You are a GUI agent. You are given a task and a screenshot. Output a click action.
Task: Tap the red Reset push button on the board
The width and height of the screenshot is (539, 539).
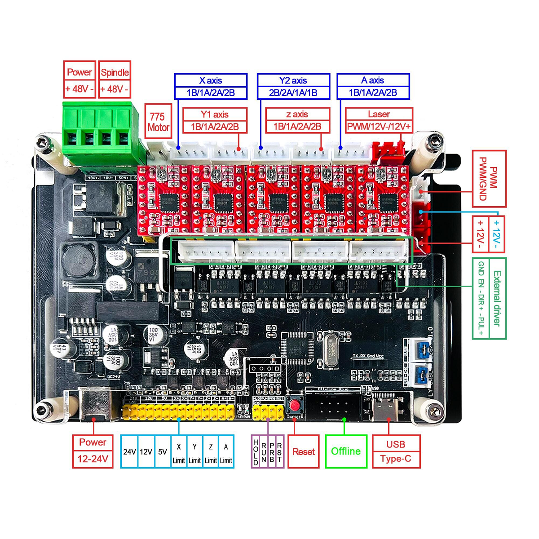(295, 406)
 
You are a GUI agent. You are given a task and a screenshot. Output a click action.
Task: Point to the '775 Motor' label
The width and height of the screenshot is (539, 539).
(158, 122)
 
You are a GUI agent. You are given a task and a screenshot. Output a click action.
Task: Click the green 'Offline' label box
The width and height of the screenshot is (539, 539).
(346, 451)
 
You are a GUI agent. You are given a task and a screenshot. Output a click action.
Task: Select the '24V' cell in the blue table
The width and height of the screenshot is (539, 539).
(129, 452)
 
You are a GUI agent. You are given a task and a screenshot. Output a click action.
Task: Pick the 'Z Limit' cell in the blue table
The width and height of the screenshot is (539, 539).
(211, 452)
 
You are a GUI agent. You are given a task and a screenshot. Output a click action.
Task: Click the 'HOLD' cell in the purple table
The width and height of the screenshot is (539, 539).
(256, 452)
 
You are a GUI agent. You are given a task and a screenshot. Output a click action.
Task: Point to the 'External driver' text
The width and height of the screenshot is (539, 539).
(497, 298)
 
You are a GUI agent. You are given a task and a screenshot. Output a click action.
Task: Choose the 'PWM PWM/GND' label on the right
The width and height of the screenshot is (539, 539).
(489, 178)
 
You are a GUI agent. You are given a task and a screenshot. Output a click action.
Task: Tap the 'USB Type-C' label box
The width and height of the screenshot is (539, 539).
(396, 451)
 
